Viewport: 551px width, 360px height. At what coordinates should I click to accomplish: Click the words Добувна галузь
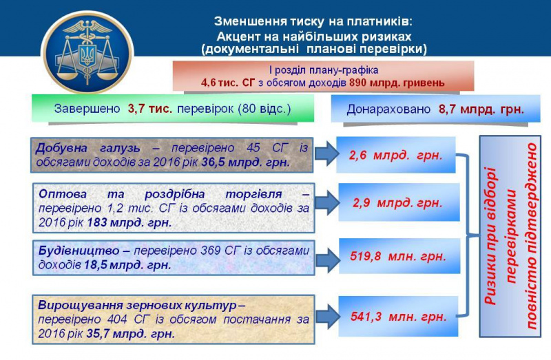pos(88,149)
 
